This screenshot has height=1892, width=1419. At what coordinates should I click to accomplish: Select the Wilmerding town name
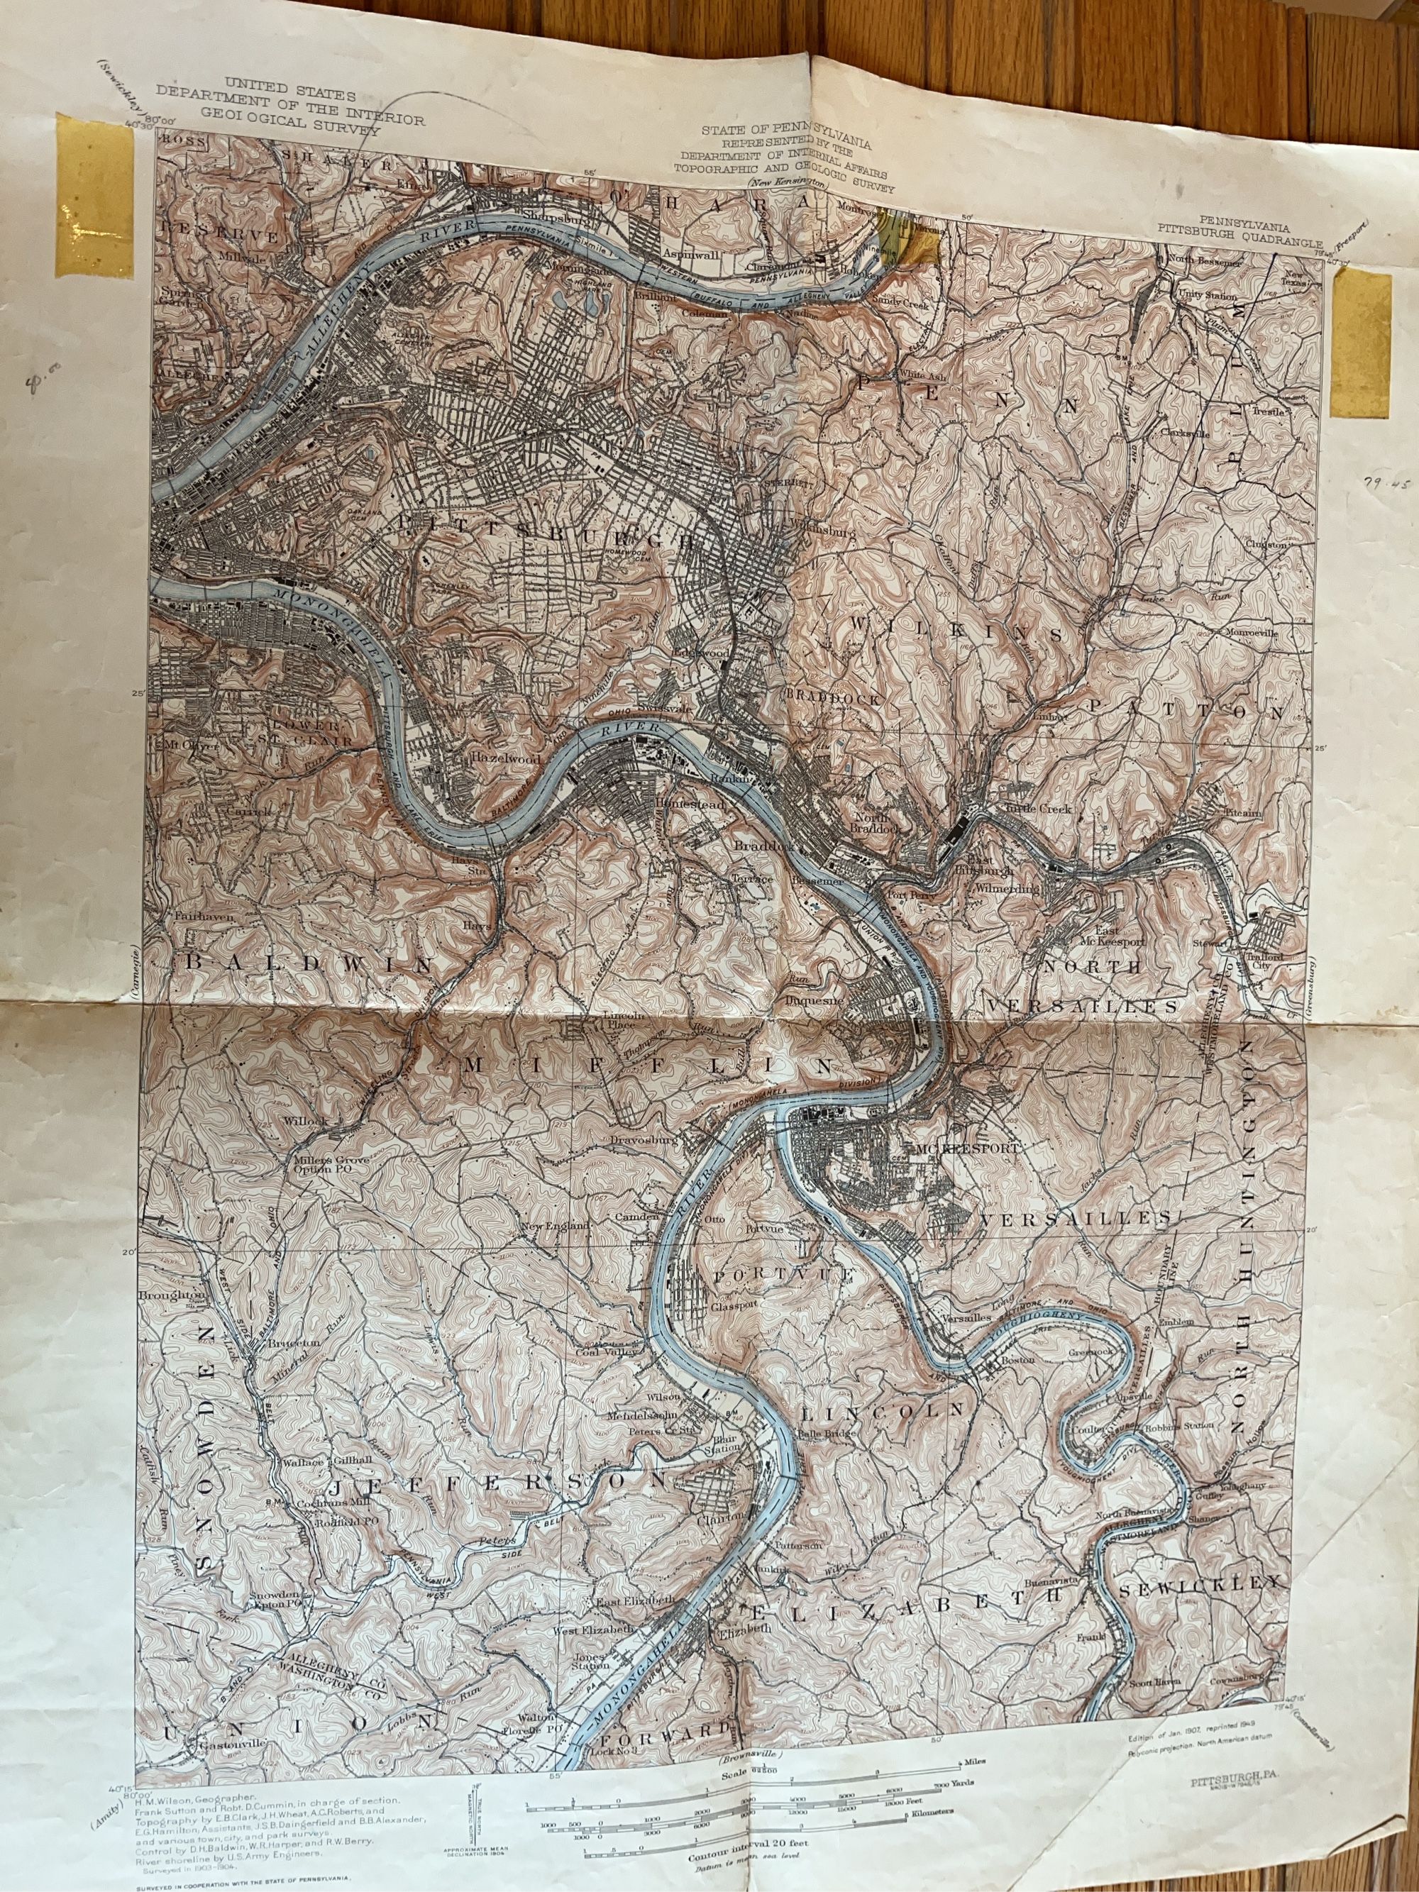tap(1007, 889)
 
